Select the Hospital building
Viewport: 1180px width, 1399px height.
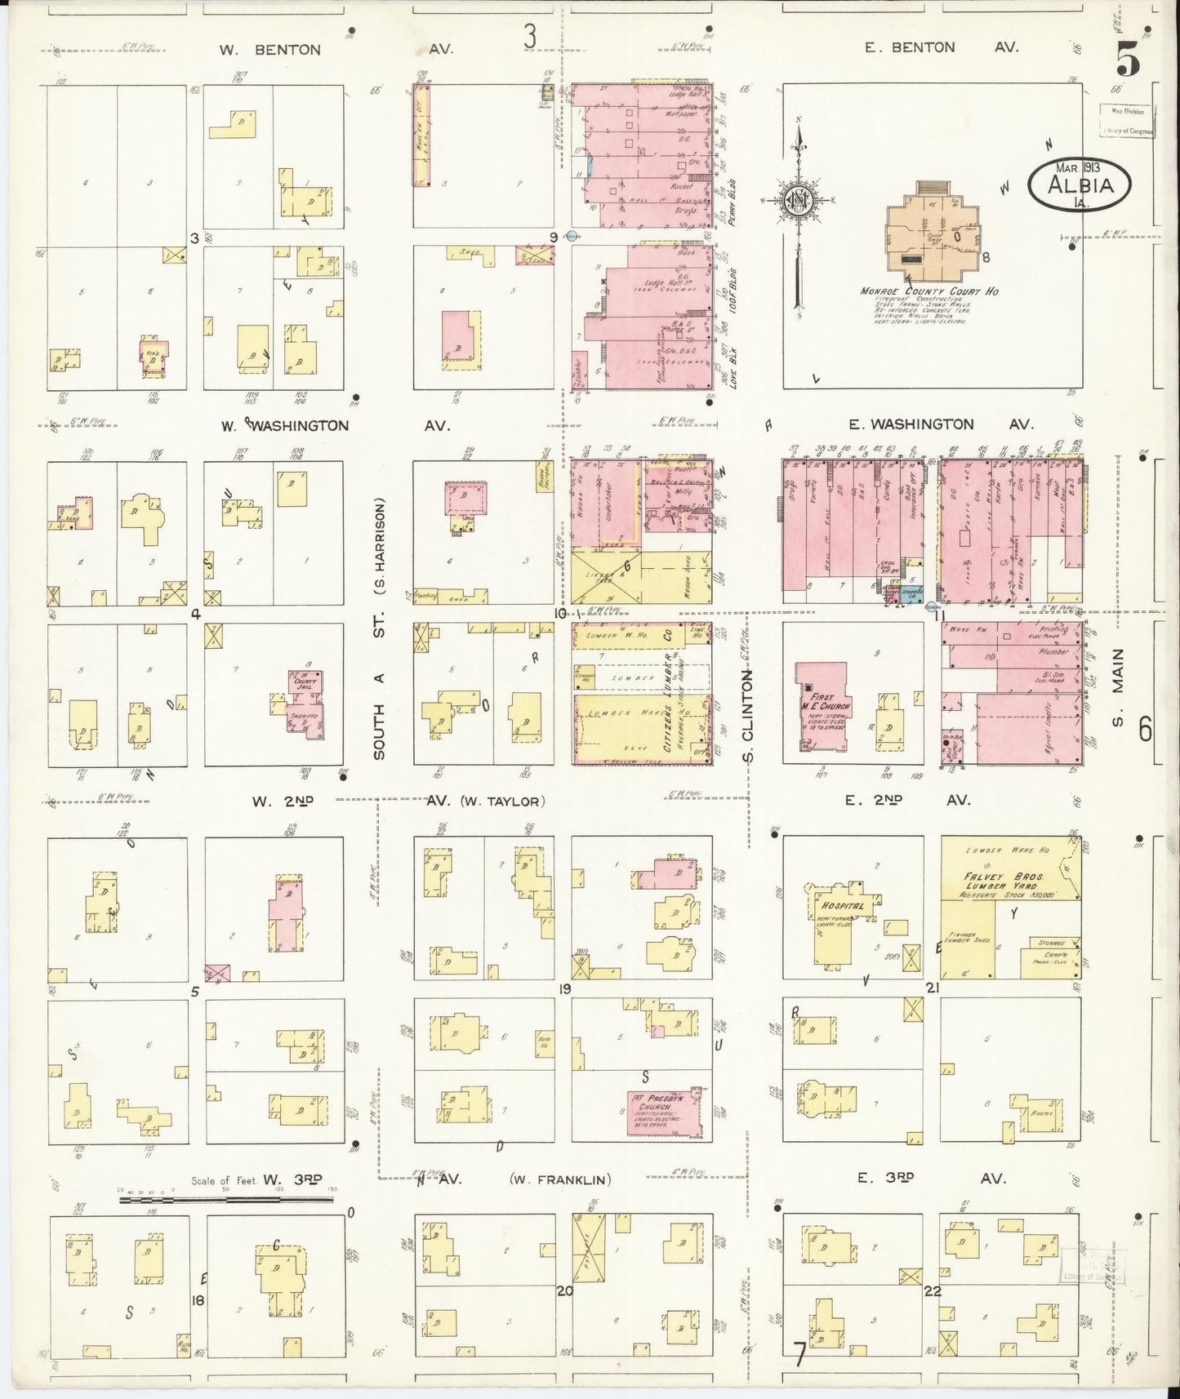point(840,922)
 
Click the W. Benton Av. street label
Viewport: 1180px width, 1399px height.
point(269,50)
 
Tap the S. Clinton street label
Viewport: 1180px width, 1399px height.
point(749,714)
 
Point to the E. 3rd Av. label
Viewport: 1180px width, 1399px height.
point(930,1178)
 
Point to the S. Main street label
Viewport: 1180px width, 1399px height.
point(1119,686)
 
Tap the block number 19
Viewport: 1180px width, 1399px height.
point(563,989)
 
